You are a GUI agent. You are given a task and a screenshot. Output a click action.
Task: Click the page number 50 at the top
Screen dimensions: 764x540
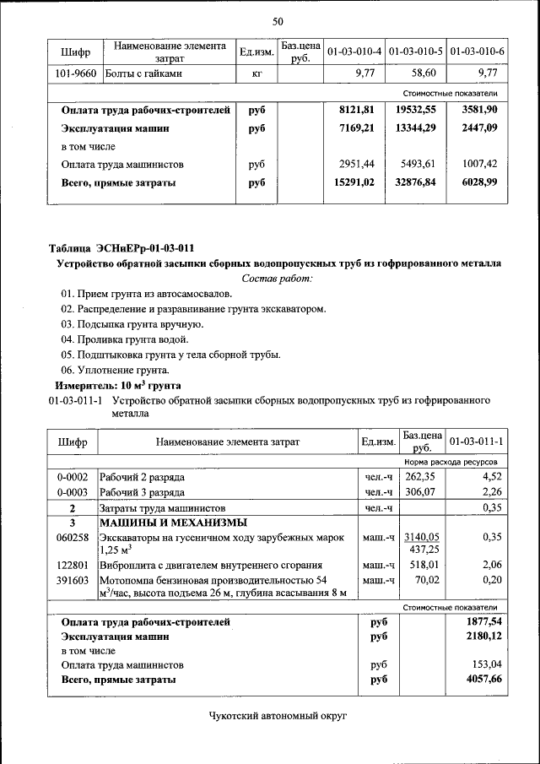click(x=278, y=21)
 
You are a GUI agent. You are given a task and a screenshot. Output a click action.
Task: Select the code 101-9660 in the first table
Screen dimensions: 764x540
click(x=74, y=74)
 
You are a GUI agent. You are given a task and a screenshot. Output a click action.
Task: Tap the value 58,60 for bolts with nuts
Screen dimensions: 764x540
click(x=418, y=74)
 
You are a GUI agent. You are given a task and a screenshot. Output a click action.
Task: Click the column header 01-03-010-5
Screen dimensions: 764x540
click(x=417, y=52)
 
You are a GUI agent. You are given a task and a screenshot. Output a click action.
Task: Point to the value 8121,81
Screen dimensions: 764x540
click(x=355, y=111)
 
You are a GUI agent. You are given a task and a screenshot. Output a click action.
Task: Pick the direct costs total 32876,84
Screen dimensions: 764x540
click(x=417, y=182)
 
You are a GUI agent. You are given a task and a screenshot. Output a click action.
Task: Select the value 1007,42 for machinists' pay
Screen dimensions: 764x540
click(x=479, y=165)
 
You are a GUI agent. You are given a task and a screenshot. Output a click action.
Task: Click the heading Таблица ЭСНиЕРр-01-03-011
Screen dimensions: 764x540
click(x=121, y=248)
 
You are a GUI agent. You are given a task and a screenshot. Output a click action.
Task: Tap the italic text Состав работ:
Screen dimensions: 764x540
click(x=277, y=278)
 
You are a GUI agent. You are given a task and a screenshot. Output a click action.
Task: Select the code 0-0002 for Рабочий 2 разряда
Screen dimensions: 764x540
click(x=73, y=477)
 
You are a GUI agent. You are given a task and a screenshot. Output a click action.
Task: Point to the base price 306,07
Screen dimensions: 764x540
click(x=419, y=492)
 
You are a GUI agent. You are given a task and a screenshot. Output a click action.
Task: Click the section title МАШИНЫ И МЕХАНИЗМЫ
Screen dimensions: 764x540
click(x=172, y=523)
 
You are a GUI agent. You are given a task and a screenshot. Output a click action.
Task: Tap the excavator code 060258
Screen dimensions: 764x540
click(x=73, y=537)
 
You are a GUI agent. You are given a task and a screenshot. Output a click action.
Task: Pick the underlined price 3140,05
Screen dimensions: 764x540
click(x=421, y=537)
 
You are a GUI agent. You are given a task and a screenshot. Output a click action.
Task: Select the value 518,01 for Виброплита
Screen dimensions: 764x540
click(x=421, y=565)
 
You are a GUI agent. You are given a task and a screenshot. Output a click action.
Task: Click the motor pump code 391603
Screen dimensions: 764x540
click(x=73, y=580)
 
